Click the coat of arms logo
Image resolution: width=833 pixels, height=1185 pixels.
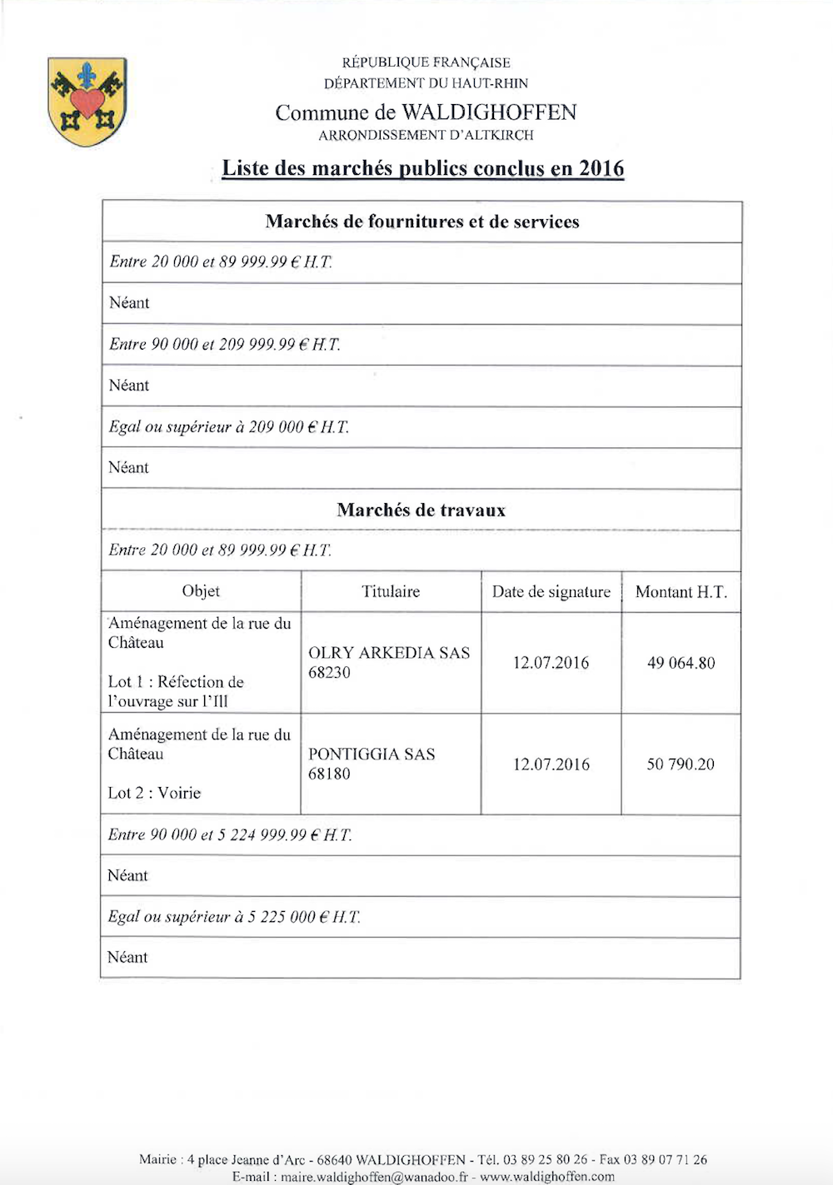[87, 102]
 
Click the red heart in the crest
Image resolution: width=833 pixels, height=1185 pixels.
[87, 103]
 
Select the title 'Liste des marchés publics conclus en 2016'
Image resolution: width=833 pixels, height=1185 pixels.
[422, 168]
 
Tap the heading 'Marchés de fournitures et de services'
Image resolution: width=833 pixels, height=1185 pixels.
[422, 222]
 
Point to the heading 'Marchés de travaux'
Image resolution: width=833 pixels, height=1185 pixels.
[421, 510]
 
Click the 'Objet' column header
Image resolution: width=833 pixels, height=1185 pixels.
[201, 591]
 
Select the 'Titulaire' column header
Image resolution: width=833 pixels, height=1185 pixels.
[391, 591]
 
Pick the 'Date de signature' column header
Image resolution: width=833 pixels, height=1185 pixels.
[551, 592]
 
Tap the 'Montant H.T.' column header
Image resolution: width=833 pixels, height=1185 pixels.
[681, 592]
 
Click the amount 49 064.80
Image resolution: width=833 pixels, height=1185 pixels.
[681, 663]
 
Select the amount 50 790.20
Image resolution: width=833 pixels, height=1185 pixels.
[681, 764]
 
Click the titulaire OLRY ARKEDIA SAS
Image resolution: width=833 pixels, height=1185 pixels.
[389, 653]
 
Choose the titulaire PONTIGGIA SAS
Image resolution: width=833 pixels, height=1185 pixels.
[372, 754]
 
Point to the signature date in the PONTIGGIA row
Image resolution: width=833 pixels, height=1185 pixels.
[551, 764]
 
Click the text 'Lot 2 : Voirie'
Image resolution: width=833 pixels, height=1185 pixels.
[154, 793]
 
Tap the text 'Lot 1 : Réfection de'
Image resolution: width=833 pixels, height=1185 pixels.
[176, 682]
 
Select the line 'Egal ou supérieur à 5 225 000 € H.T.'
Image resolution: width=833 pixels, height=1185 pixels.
[234, 917]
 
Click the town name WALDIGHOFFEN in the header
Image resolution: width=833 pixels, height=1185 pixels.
[489, 112]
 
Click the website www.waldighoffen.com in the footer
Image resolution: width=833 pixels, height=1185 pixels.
[547, 1177]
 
